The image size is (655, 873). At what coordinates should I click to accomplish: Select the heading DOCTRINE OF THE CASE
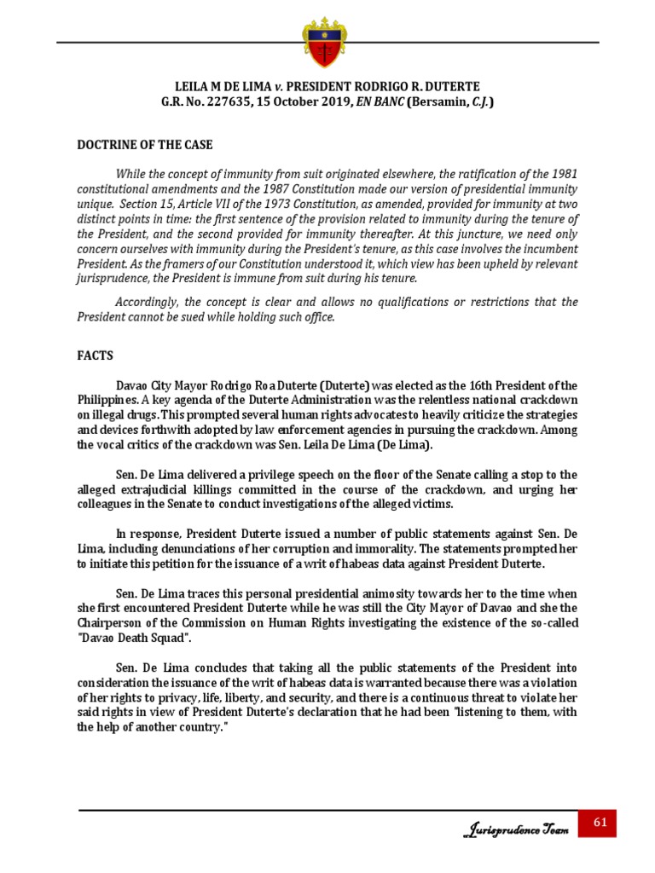click(145, 144)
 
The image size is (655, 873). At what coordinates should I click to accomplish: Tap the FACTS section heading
click(95, 354)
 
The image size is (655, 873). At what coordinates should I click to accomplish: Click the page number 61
click(599, 823)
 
